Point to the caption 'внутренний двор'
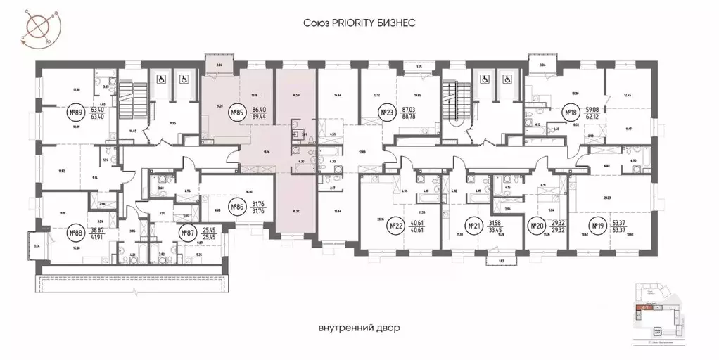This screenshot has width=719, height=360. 359,328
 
